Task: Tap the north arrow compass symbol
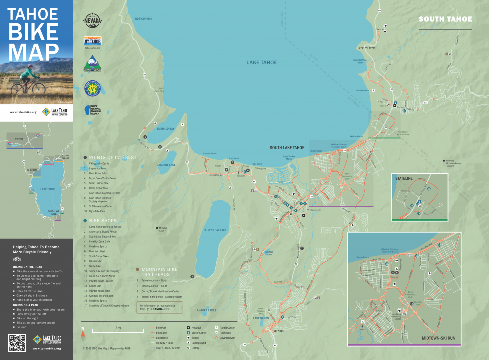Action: click(x=83, y=330)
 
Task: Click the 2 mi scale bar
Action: click(x=118, y=331)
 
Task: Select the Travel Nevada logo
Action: click(x=93, y=21)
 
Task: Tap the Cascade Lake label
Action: click(x=166, y=165)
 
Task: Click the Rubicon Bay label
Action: click(x=143, y=19)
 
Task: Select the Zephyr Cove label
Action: click(x=366, y=48)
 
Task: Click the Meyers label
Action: click(x=264, y=330)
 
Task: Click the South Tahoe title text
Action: click(x=445, y=19)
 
